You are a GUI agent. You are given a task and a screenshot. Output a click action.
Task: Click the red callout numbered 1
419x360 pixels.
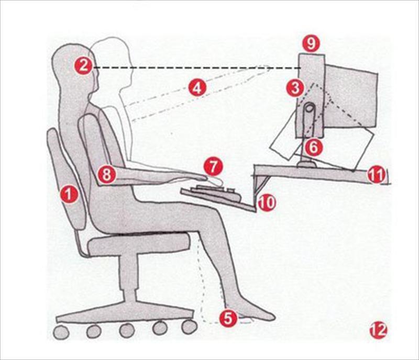[69, 194]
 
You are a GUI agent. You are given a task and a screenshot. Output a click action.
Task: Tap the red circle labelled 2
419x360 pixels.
[83, 65]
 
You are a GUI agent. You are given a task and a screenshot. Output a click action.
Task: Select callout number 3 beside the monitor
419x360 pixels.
[295, 88]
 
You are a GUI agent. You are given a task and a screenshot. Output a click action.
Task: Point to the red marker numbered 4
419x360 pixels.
[197, 88]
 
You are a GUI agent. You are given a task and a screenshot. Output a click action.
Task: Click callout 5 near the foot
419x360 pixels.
[228, 318]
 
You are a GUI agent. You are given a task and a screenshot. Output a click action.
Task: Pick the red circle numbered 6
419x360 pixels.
[314, 147]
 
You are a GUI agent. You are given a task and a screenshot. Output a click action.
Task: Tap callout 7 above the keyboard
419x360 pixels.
[213, 167]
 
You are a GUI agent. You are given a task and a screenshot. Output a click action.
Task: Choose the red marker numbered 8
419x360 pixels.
[106, 175]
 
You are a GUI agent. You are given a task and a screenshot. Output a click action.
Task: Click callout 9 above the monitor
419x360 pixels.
[311, 43]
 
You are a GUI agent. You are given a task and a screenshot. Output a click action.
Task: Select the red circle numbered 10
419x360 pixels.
[267, 203]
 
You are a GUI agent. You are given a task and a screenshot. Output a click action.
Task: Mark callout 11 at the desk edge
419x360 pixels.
[377, 175]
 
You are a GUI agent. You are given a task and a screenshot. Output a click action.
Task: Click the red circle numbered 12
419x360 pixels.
[378, 331]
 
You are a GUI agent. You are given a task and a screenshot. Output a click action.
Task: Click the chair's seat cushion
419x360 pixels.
[139, 244]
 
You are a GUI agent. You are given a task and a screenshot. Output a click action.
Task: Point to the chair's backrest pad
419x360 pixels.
[67, 179]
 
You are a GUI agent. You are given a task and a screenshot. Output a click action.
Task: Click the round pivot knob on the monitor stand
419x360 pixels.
[310, 108]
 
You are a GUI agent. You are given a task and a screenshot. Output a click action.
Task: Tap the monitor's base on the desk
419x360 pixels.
[307, 163]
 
